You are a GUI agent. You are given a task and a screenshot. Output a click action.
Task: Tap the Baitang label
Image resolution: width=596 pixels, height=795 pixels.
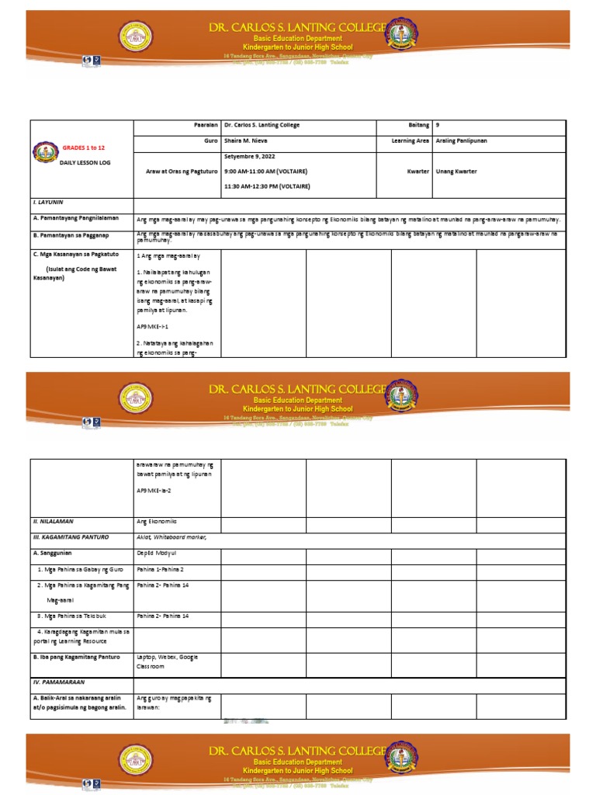(x=418, y=125)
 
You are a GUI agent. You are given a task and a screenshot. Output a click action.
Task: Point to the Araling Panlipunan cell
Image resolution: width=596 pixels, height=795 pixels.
(x=462, y=141)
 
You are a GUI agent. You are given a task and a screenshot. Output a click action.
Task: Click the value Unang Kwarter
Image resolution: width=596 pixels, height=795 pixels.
(x=456, y=171)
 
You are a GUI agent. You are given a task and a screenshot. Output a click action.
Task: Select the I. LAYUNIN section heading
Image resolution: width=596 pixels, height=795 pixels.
(x=47, y=202)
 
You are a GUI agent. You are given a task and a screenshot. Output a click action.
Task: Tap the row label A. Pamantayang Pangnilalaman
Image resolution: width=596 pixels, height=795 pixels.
(x=75, y=220)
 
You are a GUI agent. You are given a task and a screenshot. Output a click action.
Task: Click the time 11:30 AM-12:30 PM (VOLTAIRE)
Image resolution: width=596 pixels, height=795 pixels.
(x=266, y=186)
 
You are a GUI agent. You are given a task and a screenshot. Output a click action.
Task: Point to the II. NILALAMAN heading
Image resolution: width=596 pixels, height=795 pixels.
(x=53, y=522)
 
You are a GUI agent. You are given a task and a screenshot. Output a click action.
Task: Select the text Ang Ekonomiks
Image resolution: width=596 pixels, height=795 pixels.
(x=157, y=522)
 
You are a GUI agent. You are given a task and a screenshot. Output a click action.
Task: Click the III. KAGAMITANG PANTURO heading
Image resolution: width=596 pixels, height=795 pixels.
(x=71, y=536)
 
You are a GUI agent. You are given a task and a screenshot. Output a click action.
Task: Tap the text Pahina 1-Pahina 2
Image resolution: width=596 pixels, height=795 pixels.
(x=160, y=569)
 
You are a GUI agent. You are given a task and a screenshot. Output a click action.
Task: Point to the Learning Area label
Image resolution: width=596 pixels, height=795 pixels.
(x=411, y=141)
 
